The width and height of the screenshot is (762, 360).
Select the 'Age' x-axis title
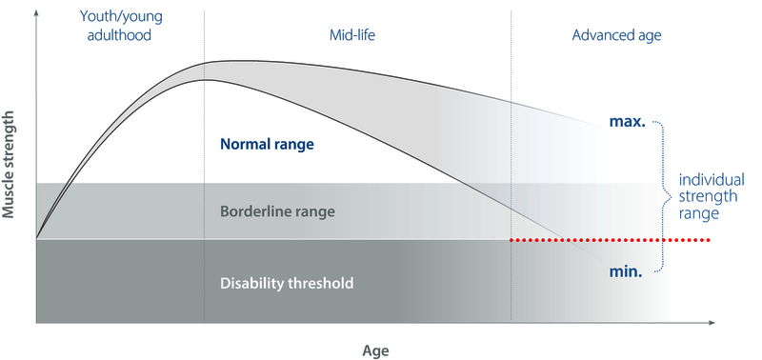[x=376, y=350]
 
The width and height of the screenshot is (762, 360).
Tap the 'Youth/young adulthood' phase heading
[x=119, y=28]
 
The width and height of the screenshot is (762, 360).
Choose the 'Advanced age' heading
[x=616, y=35]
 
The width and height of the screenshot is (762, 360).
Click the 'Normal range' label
[x=267, y=146]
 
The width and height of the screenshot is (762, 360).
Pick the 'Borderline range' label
[x=277, y=210]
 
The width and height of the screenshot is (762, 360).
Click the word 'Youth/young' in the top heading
[x=119, y=19]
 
